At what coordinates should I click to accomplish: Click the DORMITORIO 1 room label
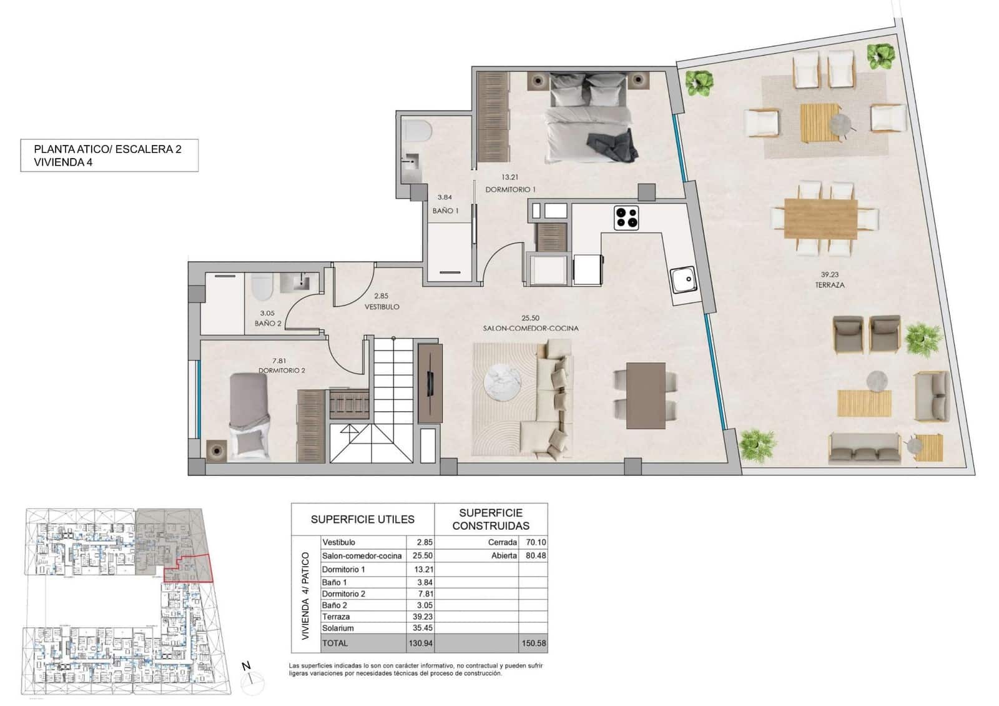[x=510, y=189]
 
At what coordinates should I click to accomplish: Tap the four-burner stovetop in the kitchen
[x=626, y=217]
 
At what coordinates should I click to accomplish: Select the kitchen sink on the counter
[x=683, y=279]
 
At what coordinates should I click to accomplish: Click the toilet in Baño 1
[x=416, y=131]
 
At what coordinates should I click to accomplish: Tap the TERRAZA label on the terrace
[x=830, y=285]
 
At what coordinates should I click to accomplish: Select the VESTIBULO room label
[x=381, y=307]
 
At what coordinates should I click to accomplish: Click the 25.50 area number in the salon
[x=530, y=318]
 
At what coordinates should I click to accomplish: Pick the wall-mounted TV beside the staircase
[x=430, y=382]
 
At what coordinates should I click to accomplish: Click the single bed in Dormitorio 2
[x=249, y=415]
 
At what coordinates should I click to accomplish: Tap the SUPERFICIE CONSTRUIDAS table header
[x=491, y=520]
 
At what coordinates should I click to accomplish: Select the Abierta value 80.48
[x=535, y=555]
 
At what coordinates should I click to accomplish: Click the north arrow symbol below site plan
[x=248, y=674]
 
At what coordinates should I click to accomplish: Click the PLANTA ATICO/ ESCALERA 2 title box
[x=109, y=156]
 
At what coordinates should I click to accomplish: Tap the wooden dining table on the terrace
[x=820, y=218]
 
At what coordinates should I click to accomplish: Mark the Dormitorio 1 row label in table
[x=343, y=569]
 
